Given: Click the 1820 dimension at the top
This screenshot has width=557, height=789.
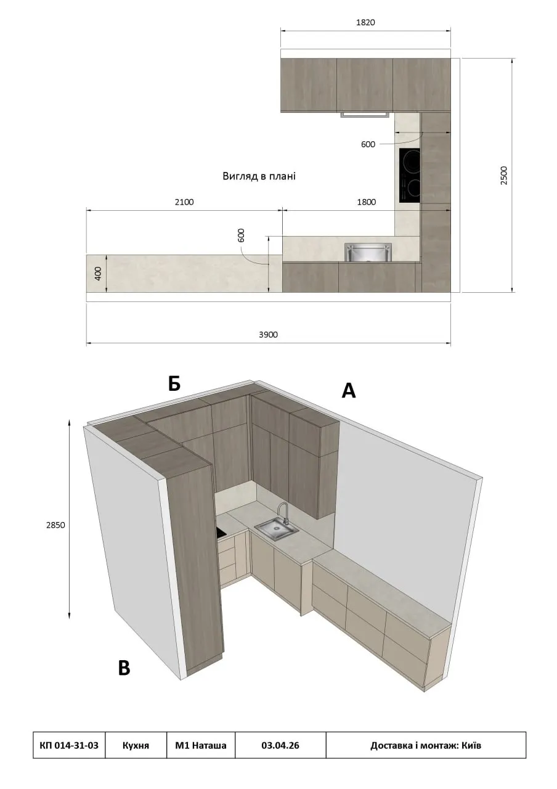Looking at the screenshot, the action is (365, 23).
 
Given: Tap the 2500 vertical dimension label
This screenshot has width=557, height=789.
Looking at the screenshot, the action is (504, 176).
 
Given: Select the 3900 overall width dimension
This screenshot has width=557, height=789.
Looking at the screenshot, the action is (268, 335).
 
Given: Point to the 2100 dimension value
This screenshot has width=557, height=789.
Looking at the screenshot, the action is (184, 202).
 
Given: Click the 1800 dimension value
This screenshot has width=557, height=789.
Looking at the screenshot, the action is (366, 202).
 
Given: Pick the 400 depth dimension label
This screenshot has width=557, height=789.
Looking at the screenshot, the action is (98, 273).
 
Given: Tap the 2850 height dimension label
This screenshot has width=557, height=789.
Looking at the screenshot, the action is (55, 525).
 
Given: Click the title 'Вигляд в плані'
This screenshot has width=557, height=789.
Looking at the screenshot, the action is (259, 176).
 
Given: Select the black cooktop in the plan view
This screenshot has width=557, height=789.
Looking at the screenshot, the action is (410, 175).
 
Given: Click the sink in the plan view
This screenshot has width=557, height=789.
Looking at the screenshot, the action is (368, 252).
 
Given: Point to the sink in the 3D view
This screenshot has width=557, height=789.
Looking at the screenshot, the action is (277, 530).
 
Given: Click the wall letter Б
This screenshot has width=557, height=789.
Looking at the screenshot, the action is (174, 383).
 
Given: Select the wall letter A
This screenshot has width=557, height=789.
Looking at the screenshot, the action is (349, 391).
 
